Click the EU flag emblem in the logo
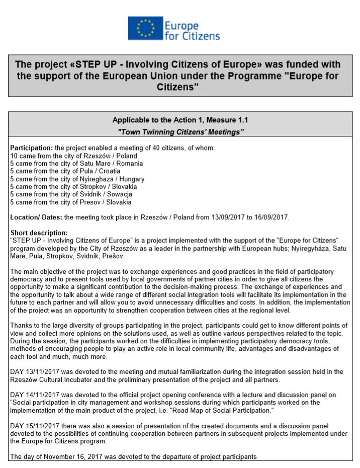146,28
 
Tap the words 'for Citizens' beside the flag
193,36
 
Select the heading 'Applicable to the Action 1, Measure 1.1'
180,120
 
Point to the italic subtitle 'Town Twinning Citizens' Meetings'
180,132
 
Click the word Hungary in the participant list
132,179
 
